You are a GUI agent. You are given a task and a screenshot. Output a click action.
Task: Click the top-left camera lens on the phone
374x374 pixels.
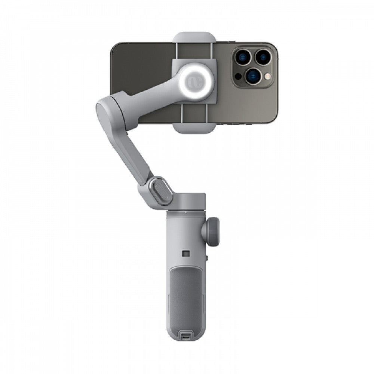pos(243,57)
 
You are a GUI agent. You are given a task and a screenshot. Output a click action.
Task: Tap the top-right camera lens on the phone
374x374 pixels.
pos(263,57)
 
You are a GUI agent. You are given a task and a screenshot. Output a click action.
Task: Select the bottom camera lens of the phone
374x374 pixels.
pos(253,75)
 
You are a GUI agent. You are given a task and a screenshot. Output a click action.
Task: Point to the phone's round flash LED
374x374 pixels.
pos(267,76)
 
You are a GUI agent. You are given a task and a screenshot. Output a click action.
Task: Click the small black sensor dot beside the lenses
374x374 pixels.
pos(238,76)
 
